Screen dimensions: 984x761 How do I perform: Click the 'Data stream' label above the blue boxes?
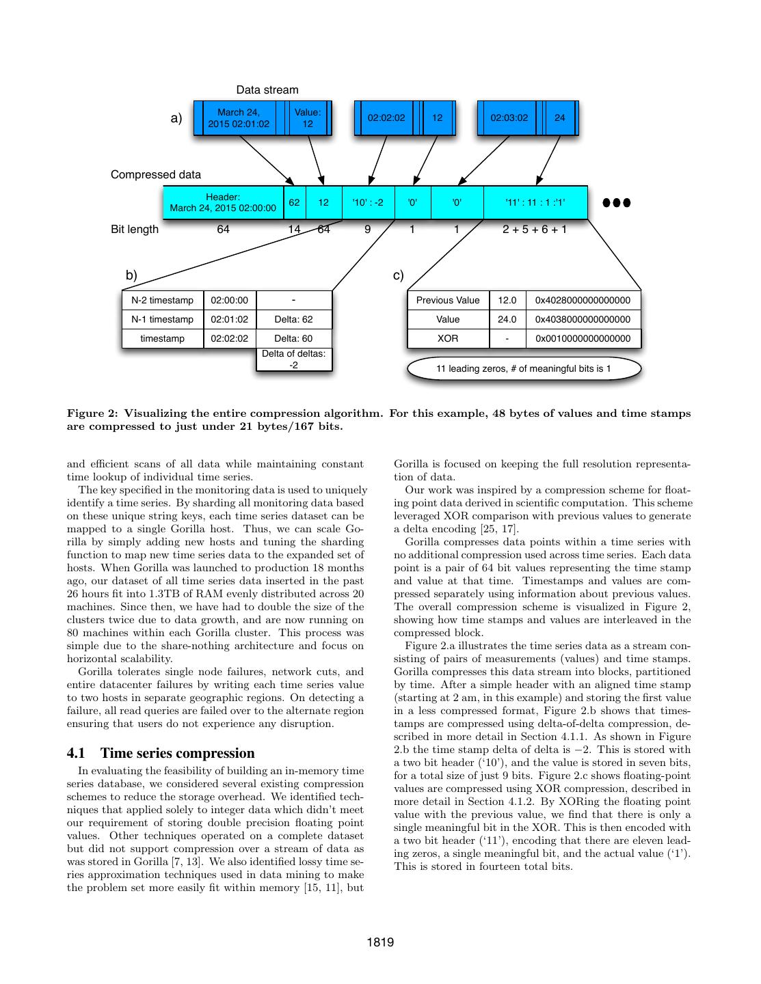267,90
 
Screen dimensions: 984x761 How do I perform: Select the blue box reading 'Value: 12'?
308,118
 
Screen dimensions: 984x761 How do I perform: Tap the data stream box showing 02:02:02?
386,118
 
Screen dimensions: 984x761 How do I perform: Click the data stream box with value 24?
559,118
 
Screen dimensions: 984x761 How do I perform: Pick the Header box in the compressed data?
223,202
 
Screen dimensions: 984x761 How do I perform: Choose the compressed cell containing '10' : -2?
368,202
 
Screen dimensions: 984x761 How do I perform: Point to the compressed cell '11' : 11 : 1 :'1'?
535,202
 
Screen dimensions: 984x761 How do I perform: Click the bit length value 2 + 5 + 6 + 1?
535,230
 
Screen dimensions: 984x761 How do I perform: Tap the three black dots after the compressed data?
616,202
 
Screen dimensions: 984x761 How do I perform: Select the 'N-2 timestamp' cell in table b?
163,300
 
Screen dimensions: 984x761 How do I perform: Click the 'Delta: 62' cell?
293,319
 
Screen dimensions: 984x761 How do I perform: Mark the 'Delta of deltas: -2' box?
293,359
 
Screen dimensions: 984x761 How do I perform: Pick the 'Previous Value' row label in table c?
448,300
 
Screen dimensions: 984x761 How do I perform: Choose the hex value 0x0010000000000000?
583,338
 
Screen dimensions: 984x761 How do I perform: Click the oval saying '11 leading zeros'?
524,369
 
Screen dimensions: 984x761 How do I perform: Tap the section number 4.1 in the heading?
76,754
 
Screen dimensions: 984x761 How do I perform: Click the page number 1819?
380,943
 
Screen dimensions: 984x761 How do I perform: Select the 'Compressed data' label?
156,175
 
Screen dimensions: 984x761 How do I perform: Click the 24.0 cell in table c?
507,319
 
